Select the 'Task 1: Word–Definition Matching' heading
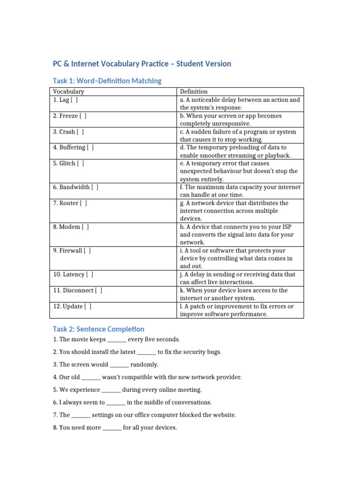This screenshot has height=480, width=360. (x=106, y=81)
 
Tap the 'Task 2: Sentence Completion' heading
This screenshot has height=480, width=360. (x=98, y=329)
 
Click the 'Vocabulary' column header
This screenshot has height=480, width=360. (x=68, y=91)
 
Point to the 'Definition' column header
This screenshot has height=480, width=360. (x=194, y=91)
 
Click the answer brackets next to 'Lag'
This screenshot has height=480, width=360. (x=75, y=100)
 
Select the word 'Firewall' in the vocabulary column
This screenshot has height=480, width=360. (x=70, y=251)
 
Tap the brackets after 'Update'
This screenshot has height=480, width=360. (x=88, y=307)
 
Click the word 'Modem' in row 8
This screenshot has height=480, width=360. (x=70, y=227)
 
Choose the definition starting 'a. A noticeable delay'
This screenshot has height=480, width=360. (x=240, y=104)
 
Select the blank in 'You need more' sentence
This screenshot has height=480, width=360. (x=112, y=428)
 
